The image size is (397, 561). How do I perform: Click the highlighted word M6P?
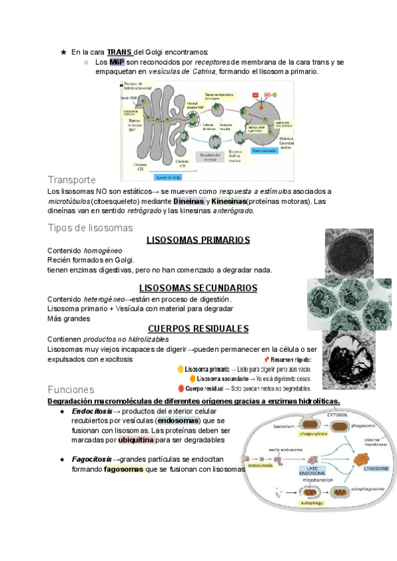pos(117,62)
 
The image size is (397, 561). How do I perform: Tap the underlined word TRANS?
pos(120,52)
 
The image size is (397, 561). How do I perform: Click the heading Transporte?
pos(72,180)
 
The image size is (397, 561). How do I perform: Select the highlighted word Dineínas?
pos(188,201)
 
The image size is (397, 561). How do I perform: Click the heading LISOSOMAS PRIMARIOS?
pos(198,239)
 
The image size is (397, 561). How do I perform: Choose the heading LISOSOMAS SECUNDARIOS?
pos(198,288)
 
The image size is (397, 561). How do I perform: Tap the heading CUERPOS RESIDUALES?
pos(198,328)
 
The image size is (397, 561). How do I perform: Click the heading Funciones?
pos(71,390)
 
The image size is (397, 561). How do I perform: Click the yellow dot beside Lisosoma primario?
pos(181,368)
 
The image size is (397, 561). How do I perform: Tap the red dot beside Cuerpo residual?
pos(181,388)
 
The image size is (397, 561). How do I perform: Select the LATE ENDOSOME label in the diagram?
pos(312,471)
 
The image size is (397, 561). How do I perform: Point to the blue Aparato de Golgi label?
pos(168,177)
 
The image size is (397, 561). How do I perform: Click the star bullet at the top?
pos(64,52)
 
